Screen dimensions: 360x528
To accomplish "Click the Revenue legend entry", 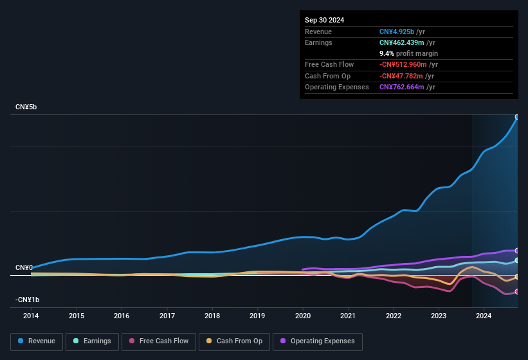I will click(x=37, y=341).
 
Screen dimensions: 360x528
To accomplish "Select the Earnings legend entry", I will click(x=93, y=341).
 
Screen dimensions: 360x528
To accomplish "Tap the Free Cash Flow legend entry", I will click(x=158, y=341).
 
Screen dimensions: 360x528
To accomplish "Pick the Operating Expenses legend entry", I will click(x=318, y=341).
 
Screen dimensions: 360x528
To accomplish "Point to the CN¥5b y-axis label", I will click(x=26, y=107).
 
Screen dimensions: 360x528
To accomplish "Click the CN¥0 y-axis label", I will click(x=24, y=267).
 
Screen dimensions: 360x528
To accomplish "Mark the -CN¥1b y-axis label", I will click(x=28, y=300).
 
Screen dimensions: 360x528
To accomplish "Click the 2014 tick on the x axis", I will click(x=31, y=316).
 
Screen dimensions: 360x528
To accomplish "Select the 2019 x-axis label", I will click(x=257, y=316).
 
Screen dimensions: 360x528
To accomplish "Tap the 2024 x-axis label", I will click(x=484, y=316).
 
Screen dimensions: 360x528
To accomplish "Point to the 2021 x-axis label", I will click(x=348, y=316).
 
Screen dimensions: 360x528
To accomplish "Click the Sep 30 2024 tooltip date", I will click(x=324, y=20).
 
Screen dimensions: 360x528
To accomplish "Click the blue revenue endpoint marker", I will click(x=517, y=117).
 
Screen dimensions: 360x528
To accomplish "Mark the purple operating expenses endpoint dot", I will click(x=517, y=251).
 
